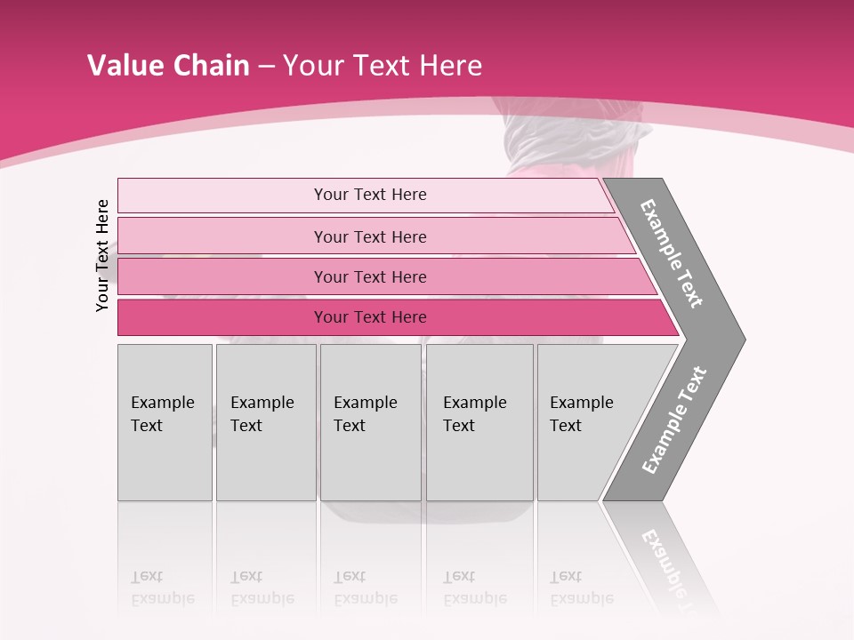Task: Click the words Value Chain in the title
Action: pos(168,66)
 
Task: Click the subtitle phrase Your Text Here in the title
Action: pos(383,66)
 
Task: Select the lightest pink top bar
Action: pos(222,196)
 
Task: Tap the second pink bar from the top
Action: pos(222,236)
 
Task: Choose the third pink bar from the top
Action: pos(222,276)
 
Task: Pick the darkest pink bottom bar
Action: pos(222,317)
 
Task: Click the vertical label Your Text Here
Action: pos(102,256)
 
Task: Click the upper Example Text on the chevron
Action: pos(672,253)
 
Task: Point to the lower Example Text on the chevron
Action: pos(673,420)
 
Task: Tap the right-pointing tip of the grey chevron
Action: pos(738,339)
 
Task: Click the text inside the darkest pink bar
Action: pos(370,317)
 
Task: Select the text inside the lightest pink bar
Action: pos(370,195)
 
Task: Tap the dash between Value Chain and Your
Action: pos(266,67)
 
